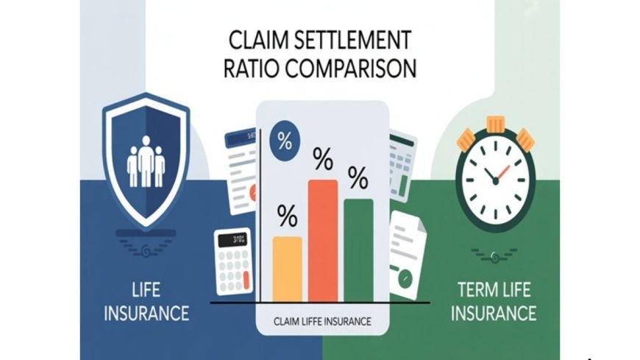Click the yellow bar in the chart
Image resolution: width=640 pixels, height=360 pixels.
[287, 269]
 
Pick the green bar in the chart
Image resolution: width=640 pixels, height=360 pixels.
[358, 250]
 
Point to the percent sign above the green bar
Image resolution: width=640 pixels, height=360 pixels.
[358, 177]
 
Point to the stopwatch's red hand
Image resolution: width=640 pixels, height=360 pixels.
[503, 174]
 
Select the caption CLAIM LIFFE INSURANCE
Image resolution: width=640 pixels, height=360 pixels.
[322, 322]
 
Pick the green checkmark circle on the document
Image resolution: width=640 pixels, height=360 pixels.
[403, 279]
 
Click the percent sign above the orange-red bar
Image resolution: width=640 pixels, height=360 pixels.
[322, 157]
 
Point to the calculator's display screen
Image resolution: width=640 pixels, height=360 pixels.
[235, 239]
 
